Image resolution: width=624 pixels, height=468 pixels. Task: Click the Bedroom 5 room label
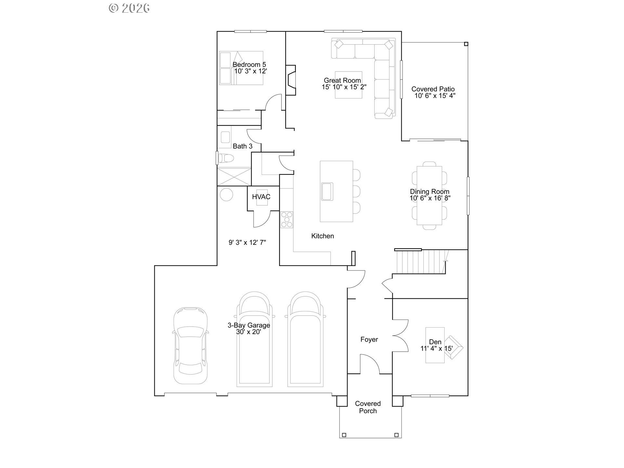point(249,65)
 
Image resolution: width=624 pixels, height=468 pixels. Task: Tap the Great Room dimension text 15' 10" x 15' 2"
point(344,87)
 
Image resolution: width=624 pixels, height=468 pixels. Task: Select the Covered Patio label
point(433,89)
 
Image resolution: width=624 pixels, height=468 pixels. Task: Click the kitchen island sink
point(327,191)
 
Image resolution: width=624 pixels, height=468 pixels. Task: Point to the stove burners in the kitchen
point(287,219)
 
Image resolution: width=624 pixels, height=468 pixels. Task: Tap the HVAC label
point(261,197)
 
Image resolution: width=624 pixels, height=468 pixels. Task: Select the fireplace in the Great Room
point(291,80)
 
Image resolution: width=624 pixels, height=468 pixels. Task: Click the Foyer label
point(369,340)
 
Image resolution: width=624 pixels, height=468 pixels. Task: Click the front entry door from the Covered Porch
point(370,364)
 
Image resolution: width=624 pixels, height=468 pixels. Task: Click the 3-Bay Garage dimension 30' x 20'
point(249,332)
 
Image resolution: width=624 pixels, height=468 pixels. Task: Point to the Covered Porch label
point(368,407)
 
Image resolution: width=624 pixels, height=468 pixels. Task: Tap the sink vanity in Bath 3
point(225,137)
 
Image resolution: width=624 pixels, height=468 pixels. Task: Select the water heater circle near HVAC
point(226,195)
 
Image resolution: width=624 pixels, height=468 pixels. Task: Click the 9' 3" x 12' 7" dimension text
point(247,242)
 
